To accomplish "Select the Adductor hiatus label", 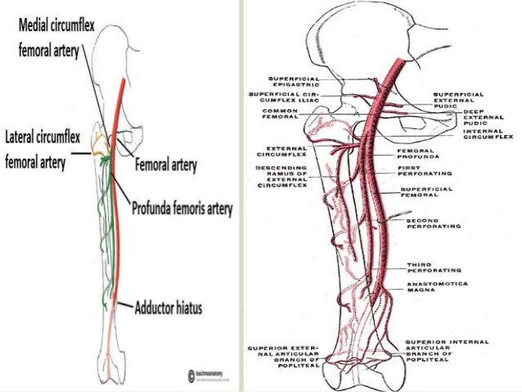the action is [x=167, y=309].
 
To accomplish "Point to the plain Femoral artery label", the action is [x=167, y=165].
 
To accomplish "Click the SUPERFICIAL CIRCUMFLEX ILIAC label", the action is [x=288, y=97].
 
